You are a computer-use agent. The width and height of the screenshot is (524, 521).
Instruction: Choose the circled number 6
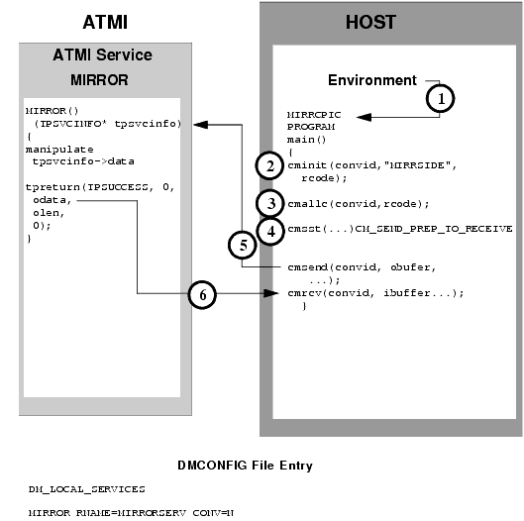tap(201, 294)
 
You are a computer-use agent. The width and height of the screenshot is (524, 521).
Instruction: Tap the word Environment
tap(371, 79)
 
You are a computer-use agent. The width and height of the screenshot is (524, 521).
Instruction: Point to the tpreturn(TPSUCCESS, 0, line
tap(87, 186)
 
